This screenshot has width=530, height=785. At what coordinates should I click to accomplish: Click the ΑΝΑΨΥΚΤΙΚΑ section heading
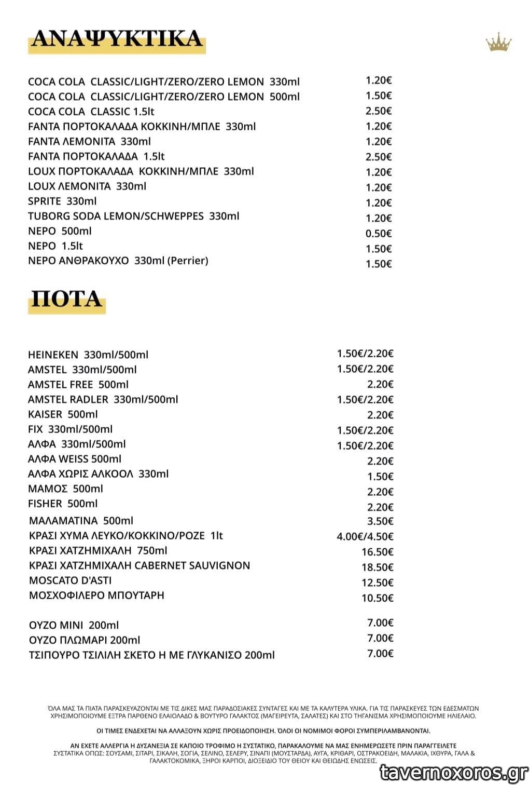[x=117, y=39]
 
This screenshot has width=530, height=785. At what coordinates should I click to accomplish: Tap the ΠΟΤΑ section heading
[x=66, y=300]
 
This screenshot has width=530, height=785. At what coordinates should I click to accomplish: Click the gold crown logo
[x=498, y=43]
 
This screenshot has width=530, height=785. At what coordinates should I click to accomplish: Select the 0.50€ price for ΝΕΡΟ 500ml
[x=379, y=234]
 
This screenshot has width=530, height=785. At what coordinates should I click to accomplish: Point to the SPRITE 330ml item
[x=62, y=201]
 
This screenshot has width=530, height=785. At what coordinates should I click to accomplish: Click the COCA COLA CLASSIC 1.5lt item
[x=91, y=112]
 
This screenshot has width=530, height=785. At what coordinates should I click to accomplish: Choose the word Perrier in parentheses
[x=188, y=261]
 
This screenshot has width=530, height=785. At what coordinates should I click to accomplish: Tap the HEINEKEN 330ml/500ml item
[x=88, y=355]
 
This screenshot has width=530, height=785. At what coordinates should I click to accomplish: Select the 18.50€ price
[x=378, y=567]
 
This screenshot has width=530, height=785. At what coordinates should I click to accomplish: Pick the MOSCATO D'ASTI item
[x=70, y=580]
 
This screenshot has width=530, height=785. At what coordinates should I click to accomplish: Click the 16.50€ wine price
[x=378, y=552]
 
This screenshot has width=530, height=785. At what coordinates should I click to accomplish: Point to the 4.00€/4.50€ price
[x=365, y=536]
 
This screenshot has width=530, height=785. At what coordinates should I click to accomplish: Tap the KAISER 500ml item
[x=63, y=414]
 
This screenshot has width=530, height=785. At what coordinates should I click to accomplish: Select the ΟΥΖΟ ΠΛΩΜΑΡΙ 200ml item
[x=85, y=640]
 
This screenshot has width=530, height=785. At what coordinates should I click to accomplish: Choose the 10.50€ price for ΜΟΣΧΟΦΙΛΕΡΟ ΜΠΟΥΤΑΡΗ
[x=378, y=598]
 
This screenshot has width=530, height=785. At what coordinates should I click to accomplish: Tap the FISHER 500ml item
[x=63, y=504]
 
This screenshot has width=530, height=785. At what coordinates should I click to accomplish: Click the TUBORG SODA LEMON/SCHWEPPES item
[x=134, y=216]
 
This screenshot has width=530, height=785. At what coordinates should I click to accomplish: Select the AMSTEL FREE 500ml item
[x=78, y=385]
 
